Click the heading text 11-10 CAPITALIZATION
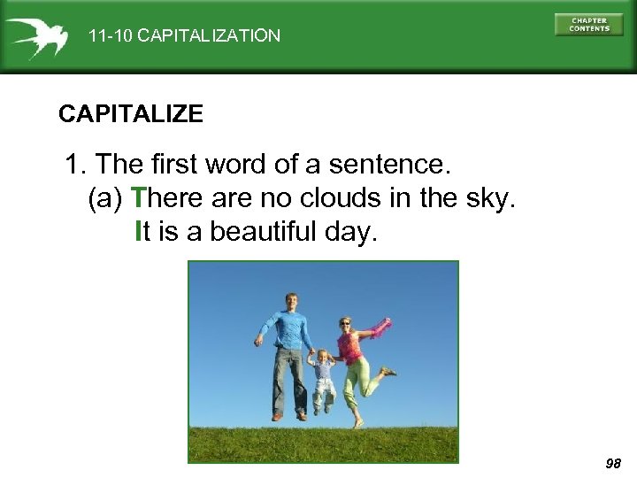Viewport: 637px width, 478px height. click(184, 36)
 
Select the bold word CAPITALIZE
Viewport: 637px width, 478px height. click(131, 114)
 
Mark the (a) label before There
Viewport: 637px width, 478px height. click(105, 199)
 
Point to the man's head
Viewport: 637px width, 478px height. click(290, 301)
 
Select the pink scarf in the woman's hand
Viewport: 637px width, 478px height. click(380, 328)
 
